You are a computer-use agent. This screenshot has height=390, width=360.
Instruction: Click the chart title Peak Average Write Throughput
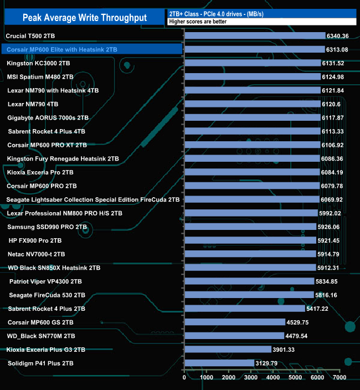[84, 18]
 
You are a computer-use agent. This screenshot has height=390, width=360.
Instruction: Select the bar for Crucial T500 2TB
[255, 36]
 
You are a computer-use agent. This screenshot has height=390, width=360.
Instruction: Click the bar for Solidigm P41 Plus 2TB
[219, 363]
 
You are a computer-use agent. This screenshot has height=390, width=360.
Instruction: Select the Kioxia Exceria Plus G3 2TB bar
[228, 350]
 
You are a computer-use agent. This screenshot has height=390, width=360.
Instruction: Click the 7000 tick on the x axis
[340, 378]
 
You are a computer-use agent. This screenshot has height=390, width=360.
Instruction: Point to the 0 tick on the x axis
[184, 378]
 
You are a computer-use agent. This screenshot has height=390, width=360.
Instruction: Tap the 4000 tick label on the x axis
[273, 378]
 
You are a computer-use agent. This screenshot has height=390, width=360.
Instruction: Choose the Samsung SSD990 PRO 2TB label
[47, 227]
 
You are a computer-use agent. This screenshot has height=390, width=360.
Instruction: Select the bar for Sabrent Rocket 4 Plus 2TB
[244, 309]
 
